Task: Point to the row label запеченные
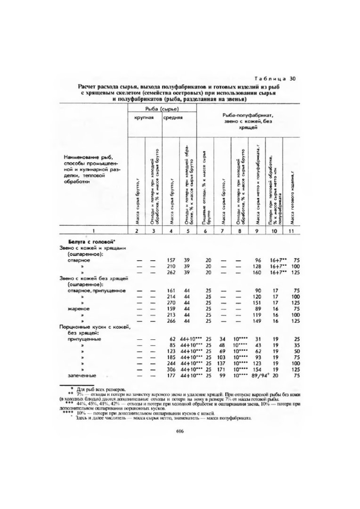(81, 376)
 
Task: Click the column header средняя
(172, 118)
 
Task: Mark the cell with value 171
(222, 369)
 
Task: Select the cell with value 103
(222, 356)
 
